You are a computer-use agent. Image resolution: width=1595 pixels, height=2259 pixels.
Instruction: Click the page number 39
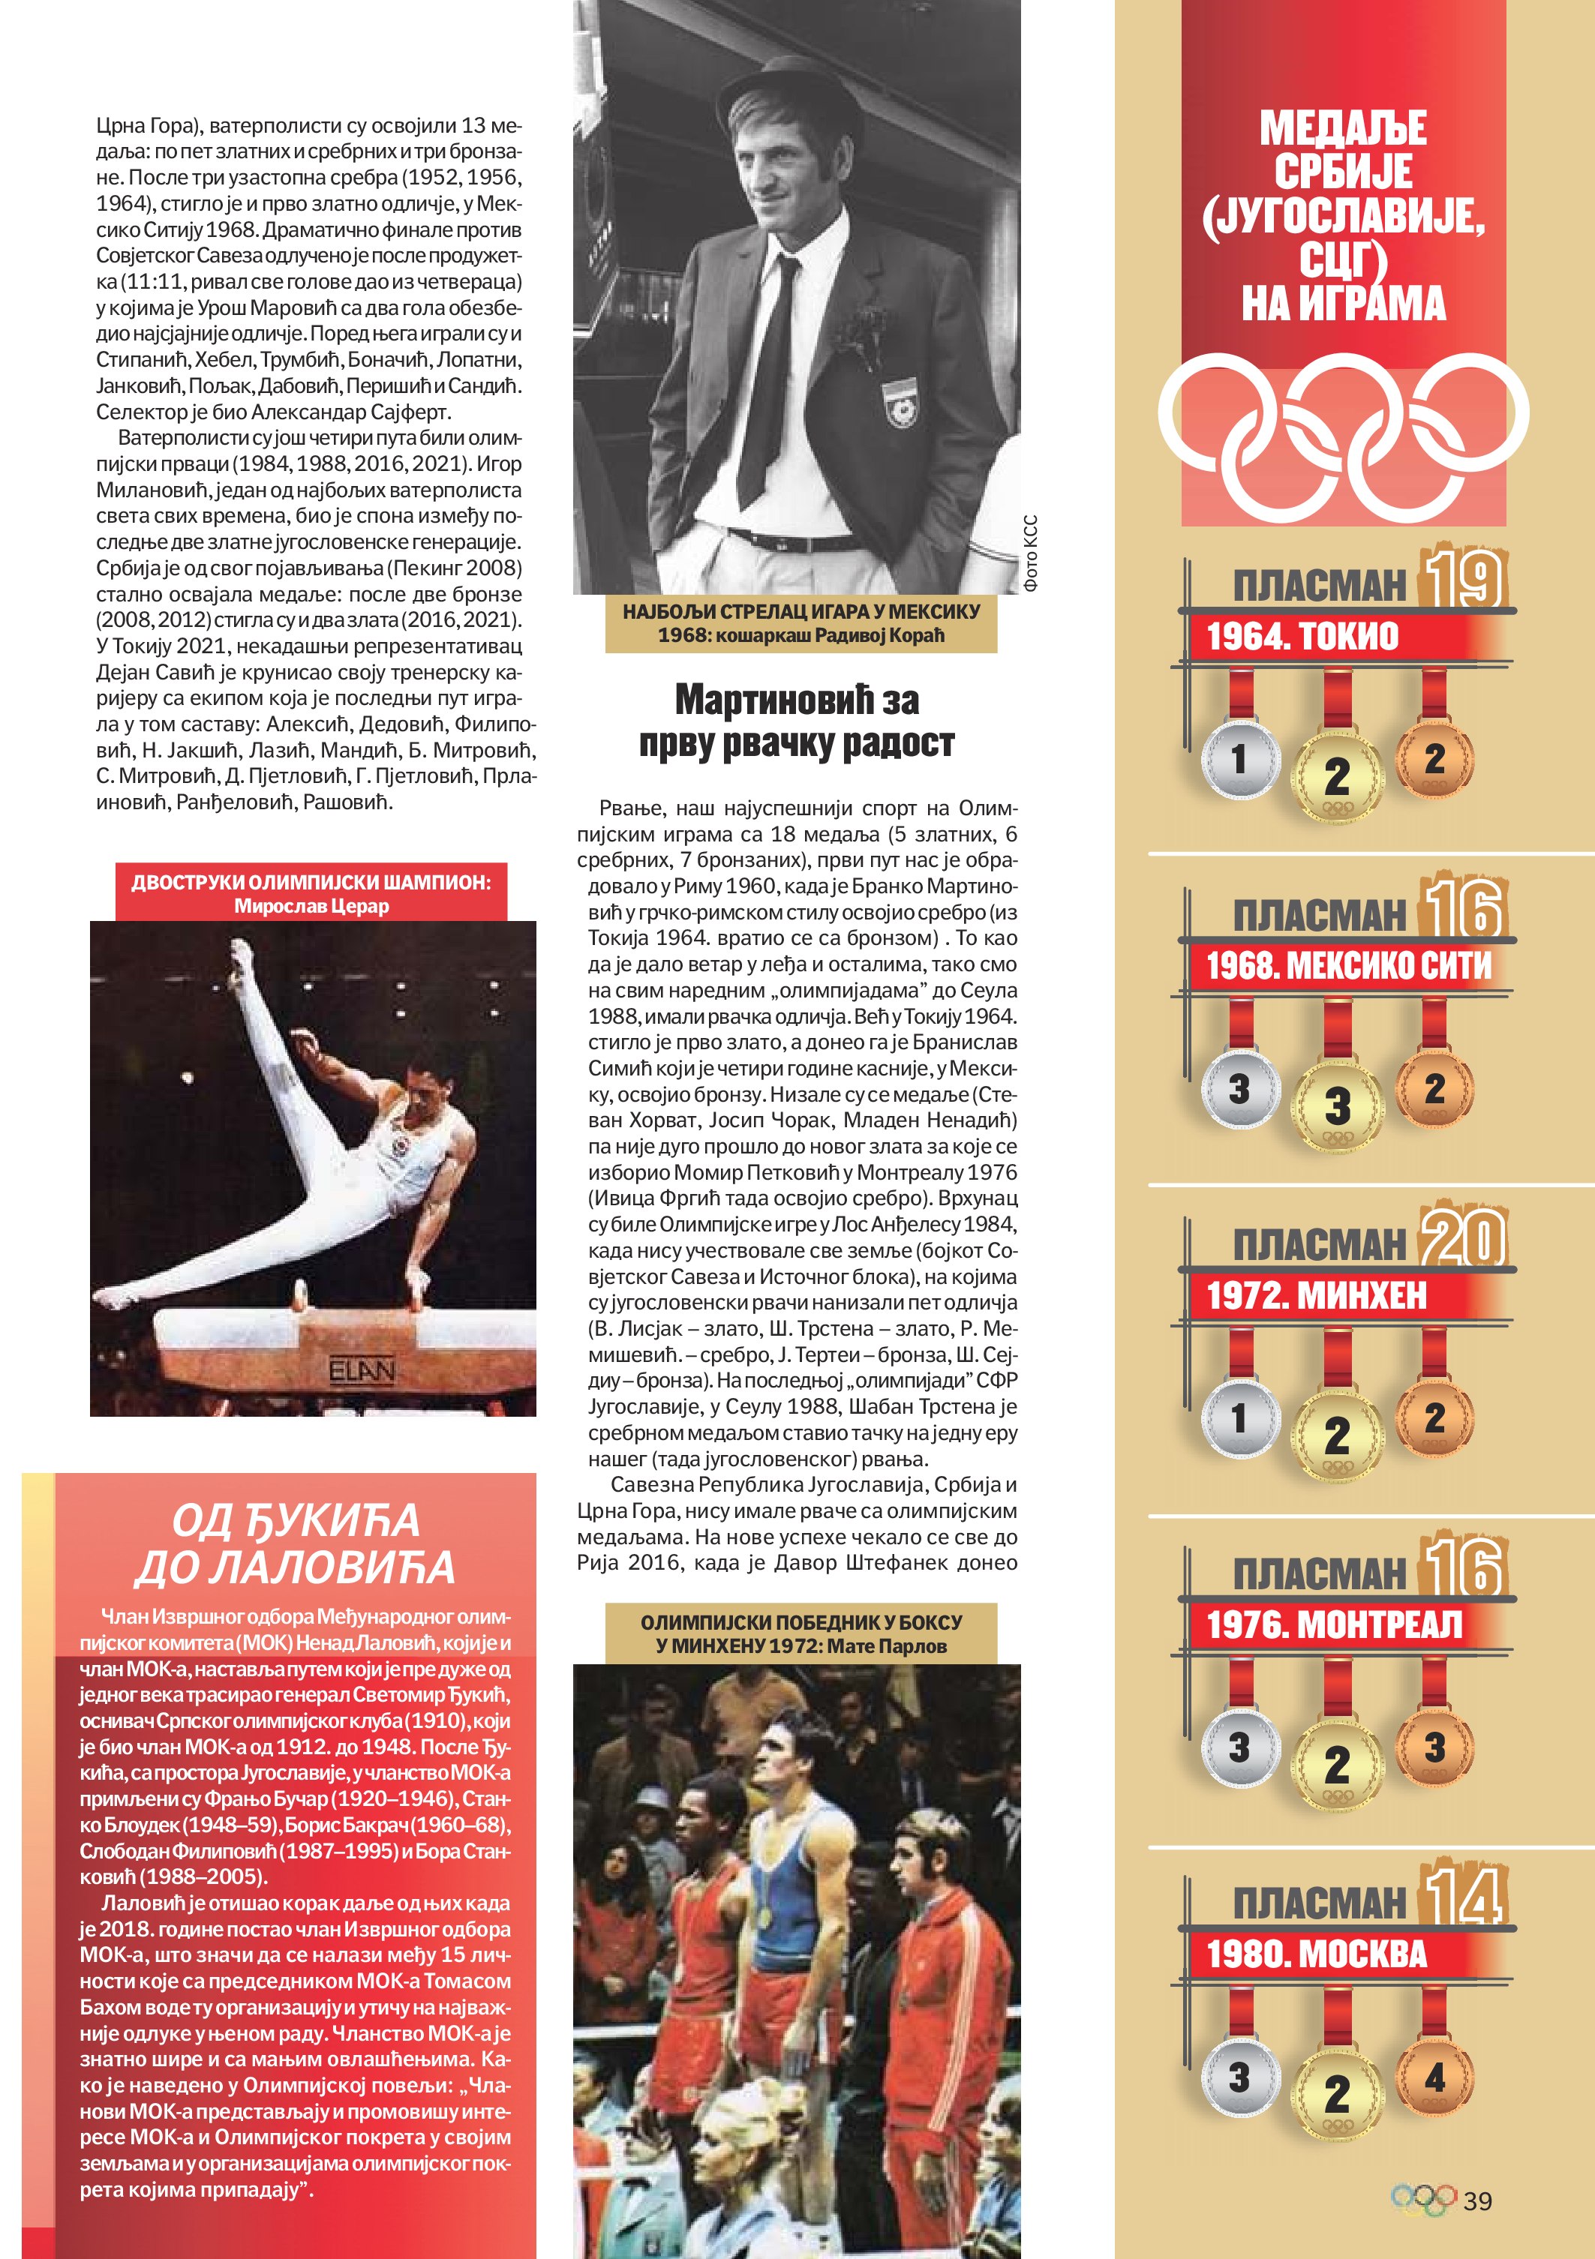(1477, 2200)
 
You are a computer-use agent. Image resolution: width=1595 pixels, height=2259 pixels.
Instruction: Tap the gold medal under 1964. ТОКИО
(1336, 775)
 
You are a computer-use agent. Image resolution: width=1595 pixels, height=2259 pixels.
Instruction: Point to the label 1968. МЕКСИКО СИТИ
(1348, 965)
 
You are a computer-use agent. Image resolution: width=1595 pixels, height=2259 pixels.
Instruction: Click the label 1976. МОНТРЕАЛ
(1334, 1624)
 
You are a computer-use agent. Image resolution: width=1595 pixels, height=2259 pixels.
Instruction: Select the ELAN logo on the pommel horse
(362, 1369)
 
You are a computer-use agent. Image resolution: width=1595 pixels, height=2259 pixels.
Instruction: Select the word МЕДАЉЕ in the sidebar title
(1343, 128)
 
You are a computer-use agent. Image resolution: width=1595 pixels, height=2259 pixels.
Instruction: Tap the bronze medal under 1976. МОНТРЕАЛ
(1434, 1747)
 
